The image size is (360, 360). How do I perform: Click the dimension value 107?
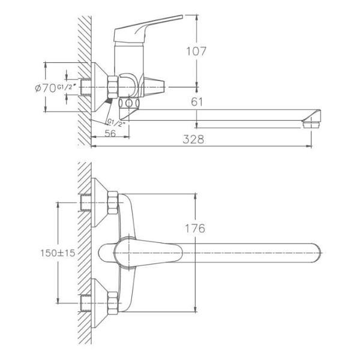point(196,52)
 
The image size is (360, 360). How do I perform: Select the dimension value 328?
point(194,139)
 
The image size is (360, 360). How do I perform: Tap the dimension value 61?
point(196,102)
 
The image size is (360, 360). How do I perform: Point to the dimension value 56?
point(110,133)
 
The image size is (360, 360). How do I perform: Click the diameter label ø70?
point(46,88)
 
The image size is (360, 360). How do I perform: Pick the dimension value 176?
point(196,229)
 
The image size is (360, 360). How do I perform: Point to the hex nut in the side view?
point(112,86)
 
